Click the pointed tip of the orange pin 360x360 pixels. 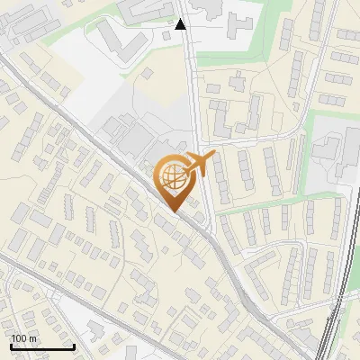point(173,211)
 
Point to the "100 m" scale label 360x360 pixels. point(24,338)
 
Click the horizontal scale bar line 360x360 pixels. point(42,346)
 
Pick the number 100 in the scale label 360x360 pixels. point(20,338)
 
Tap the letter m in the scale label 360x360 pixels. point(32,339)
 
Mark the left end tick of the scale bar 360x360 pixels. point(12,345)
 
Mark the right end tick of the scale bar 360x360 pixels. point(74,345)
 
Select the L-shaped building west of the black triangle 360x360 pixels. point(112,40)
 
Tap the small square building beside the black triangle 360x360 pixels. point(167,36)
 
